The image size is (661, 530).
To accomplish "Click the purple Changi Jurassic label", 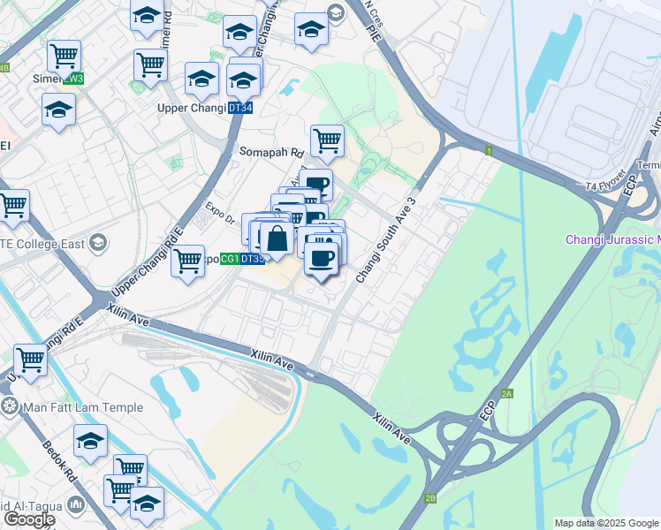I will (x=616, y=239).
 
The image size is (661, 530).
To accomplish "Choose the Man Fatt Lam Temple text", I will (x=67, y=406).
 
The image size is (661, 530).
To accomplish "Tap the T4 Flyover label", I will (x=604, y=186).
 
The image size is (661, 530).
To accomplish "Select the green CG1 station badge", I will (x=230, y=259).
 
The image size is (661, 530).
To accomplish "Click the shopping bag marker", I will (x=277, y=238).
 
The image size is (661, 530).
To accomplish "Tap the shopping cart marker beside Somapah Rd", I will (x=327, y=140).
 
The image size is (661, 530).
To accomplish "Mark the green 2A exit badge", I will (x=506, y=393).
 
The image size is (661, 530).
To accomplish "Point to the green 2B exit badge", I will (x=429, y=498).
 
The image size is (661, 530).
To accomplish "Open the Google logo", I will (x=29, y=519).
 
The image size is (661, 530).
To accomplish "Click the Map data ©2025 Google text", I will (x=606, y=523).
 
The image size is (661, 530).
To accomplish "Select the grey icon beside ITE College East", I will (x=98, y=242).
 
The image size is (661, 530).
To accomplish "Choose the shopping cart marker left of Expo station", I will (x=187, y=261).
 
